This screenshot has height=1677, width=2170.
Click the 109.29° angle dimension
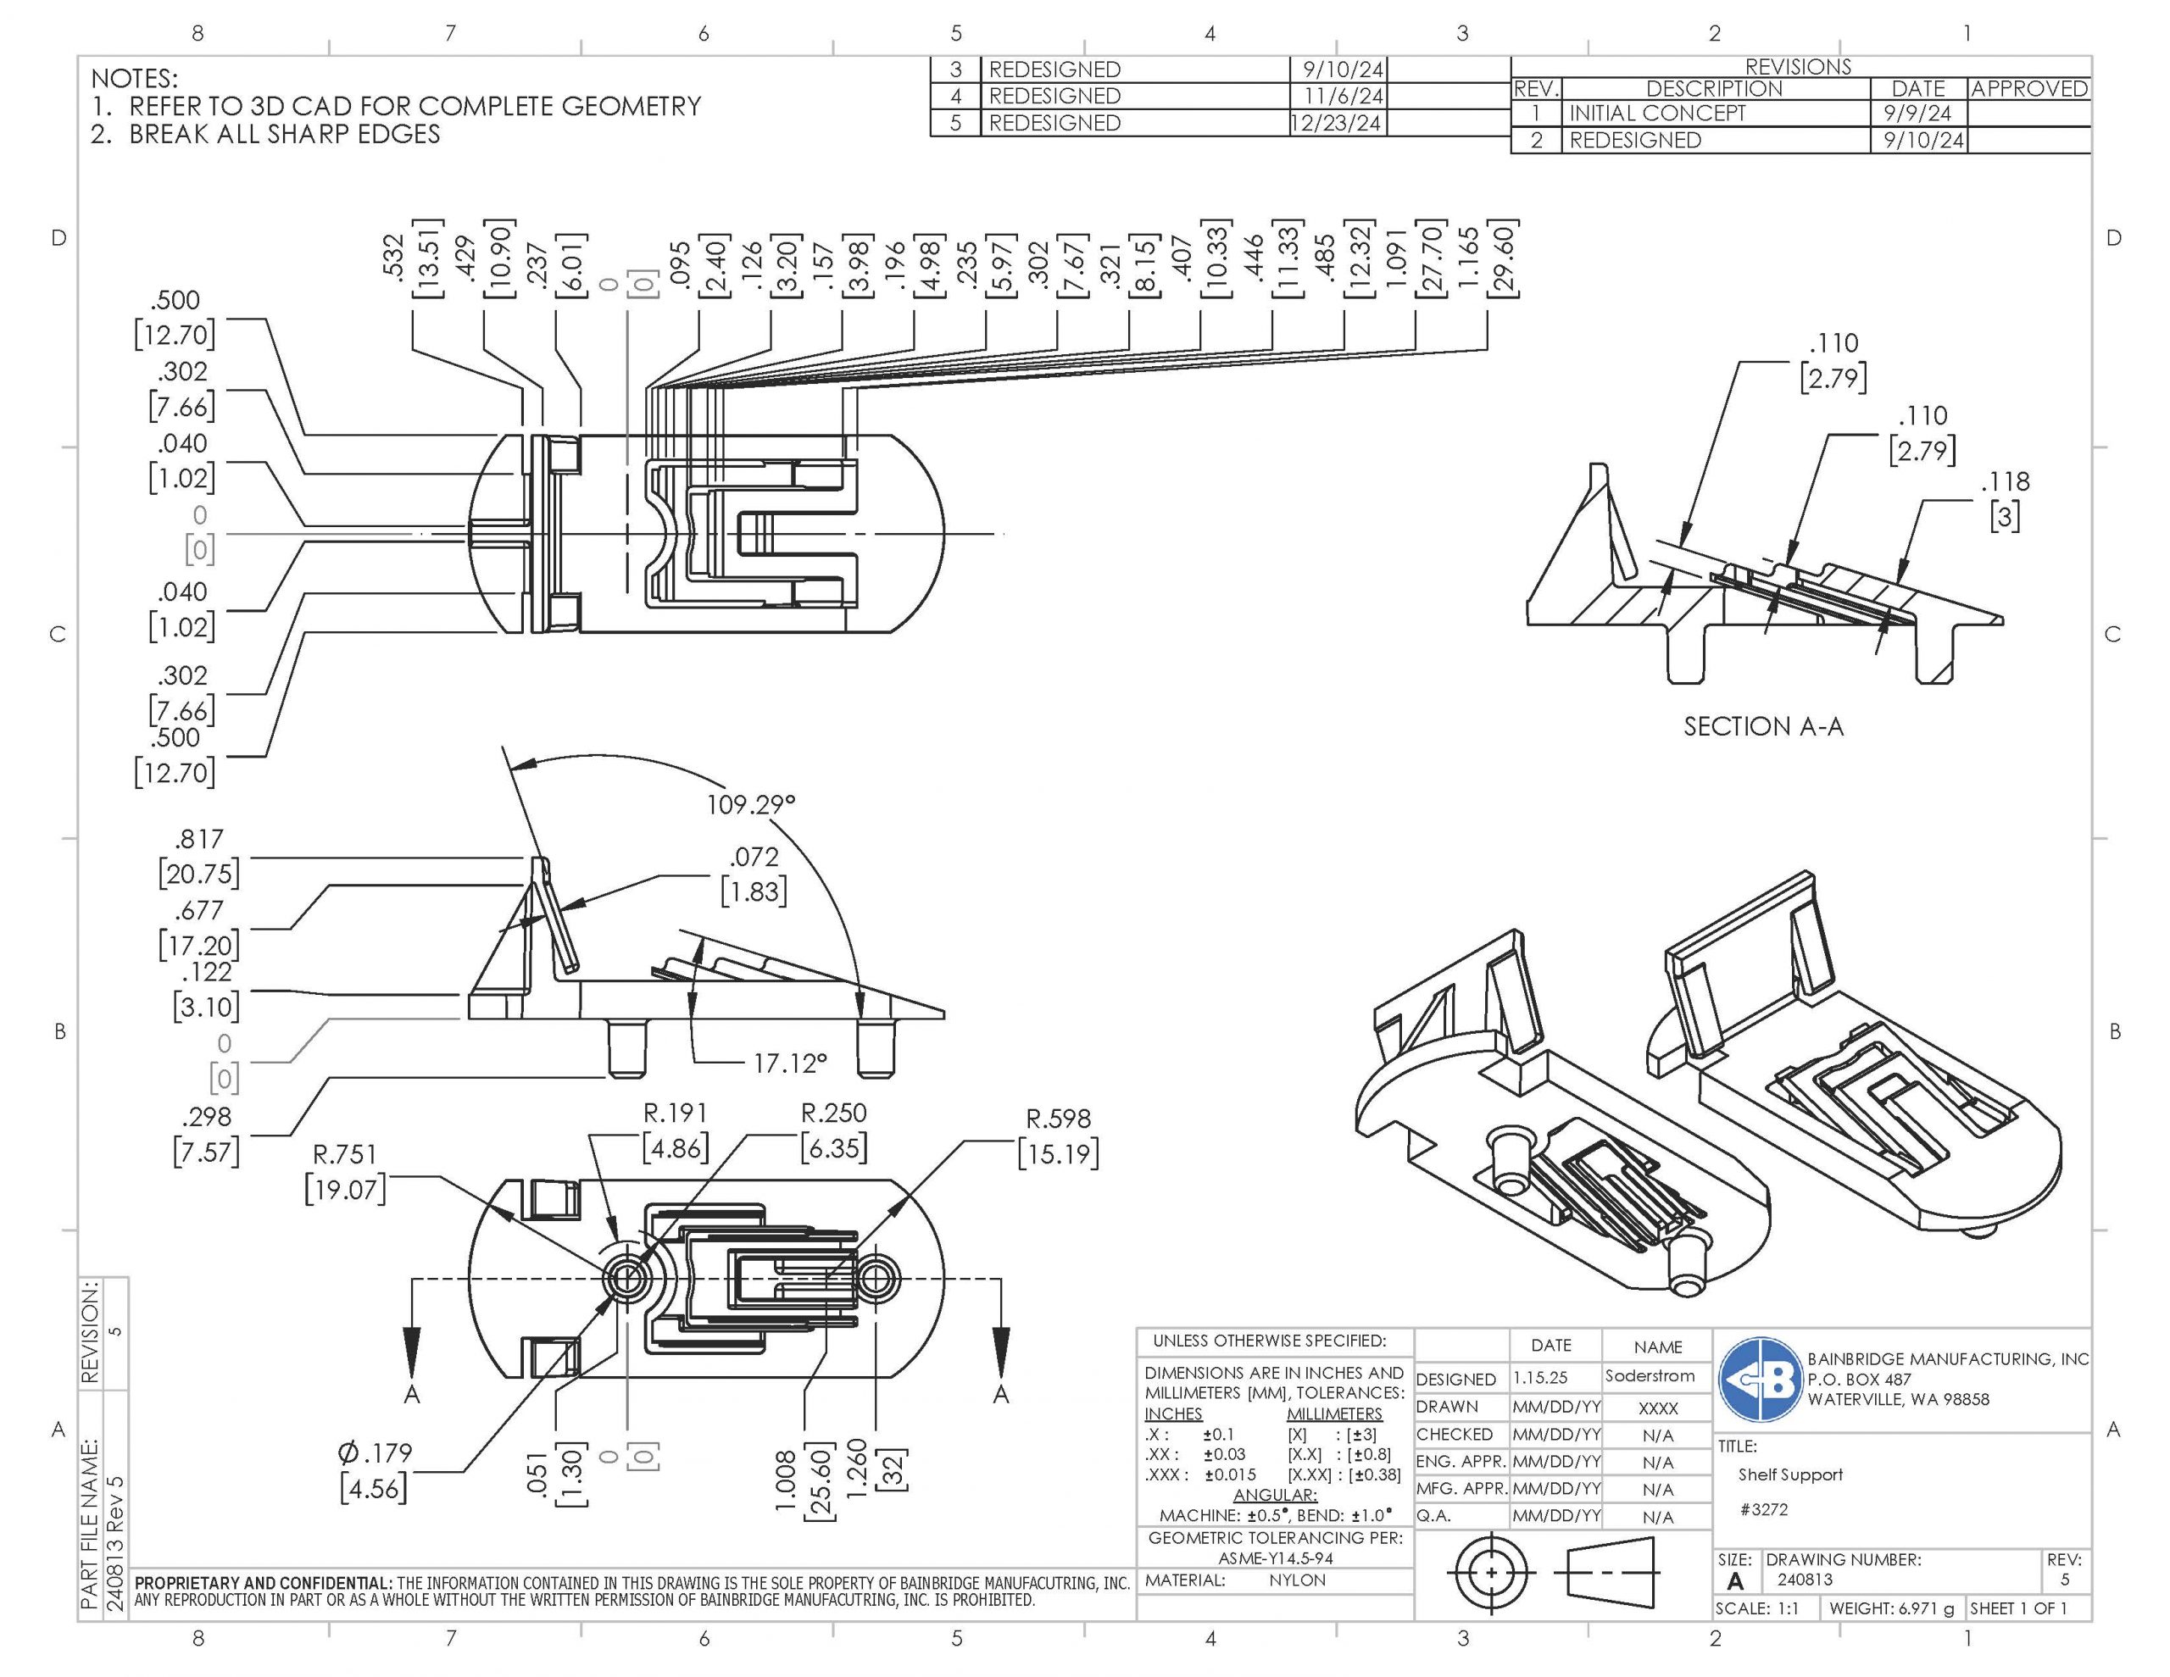[x=750, y=805]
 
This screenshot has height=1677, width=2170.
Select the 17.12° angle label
[x=789, y=1064]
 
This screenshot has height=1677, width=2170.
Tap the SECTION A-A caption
[x=1762, y=727]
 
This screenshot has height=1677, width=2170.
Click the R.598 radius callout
[x=1058, y=1119]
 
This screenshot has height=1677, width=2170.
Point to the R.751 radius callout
[x=345, y=1154]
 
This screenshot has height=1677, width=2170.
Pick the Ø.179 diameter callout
[x=375, y=1453]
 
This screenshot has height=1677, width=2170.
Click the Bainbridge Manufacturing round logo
[x=1760, y=1380]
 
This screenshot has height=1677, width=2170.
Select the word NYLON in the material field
[x=1297, y=1580]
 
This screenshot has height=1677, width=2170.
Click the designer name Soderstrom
[x=1650, y=1376]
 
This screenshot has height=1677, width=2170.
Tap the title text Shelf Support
[x=1789, y=1475]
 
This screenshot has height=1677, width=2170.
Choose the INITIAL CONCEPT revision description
[x=1656, y=114]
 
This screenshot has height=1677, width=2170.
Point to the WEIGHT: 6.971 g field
[x=1891, y=1608]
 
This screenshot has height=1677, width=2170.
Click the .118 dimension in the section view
[x=2005, y=482]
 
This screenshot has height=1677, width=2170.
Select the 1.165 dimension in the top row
[x=1468, y=258]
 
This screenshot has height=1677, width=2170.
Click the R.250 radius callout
[x=833, y=1113]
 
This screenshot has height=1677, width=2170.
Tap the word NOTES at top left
[x=134, y=79]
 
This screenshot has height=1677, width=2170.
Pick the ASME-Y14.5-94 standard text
[x=1275, y=1558]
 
